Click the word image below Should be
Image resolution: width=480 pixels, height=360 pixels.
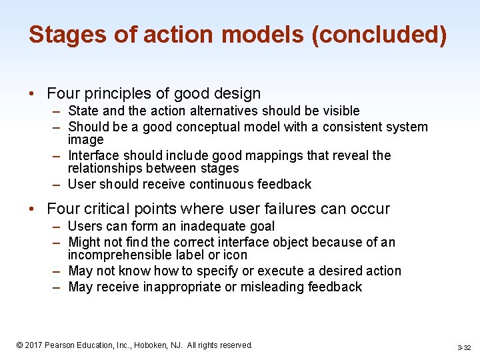click(x=86, y=139)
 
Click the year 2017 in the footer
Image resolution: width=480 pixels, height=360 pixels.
click(x=33, y=345)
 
